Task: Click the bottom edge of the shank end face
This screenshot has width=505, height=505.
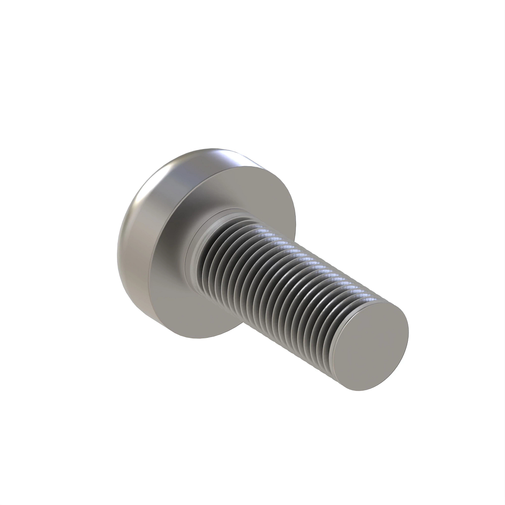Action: pyautogui.click(x=362, y=390)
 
